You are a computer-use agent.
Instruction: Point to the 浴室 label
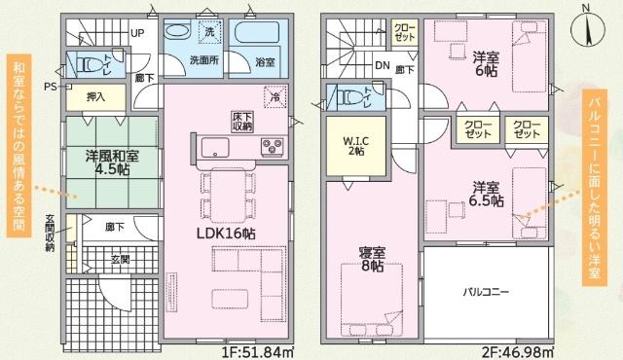coord(265,61)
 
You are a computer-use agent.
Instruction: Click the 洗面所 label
coord(203,59)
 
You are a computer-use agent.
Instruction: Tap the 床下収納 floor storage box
coord(243,121)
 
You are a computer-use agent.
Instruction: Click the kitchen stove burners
coord(271,148)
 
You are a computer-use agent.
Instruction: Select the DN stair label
coord(382,66)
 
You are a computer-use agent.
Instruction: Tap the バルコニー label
coord(485,292)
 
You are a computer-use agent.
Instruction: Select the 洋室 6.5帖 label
coord(487,194)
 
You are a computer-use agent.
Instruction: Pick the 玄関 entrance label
coord(121,259)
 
